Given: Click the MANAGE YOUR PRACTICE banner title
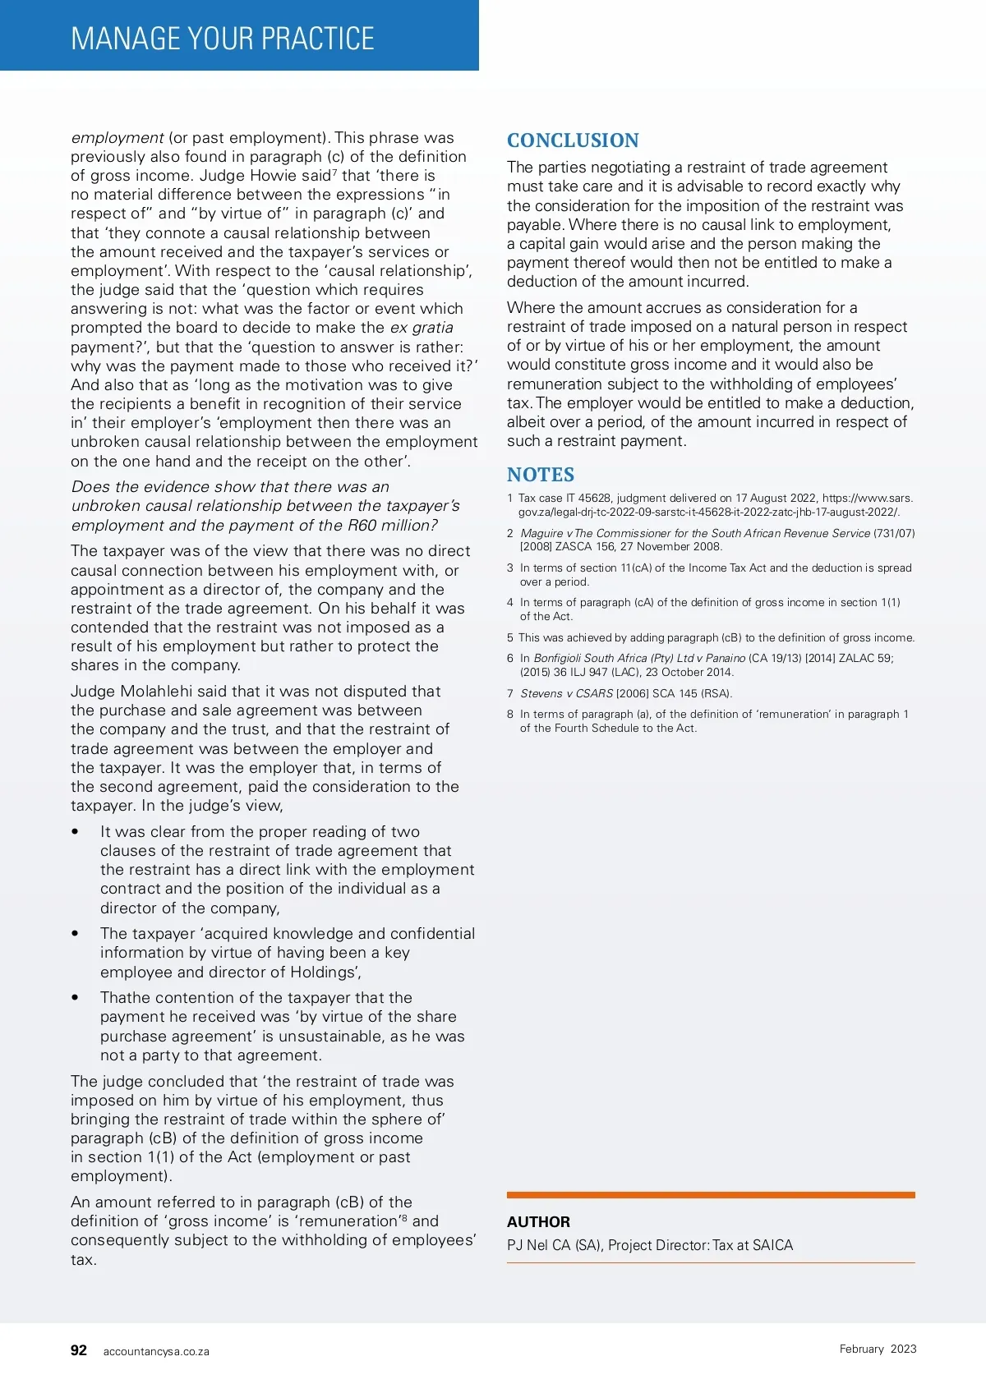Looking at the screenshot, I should click(x=223, y=39).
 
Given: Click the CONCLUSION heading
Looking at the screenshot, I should click(x=573, y=140).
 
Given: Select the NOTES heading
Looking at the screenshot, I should click(x=541, y=475).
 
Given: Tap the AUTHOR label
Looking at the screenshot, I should click(x=538, y=1221).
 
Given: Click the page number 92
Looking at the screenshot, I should click(x=79, y=1350).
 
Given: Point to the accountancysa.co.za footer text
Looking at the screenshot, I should click(x=156, y=1351).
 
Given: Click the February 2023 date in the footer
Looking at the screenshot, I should click(x=878, y=1349).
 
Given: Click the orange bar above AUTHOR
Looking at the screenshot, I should click(x=711, y=1195).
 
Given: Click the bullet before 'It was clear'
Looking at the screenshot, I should click(x=76, y=832).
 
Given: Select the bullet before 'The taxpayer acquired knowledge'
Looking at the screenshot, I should click(x=76, y=934).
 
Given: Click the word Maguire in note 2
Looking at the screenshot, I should click(x=541, y=533).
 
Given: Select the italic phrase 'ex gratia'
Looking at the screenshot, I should click(x=422, y=328).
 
